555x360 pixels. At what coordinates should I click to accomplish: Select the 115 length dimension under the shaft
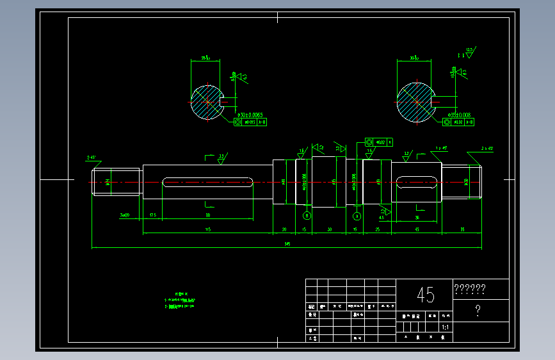(207, 229)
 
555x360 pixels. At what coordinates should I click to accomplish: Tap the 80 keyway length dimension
(207, 215)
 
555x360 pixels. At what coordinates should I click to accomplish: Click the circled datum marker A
(357, 216)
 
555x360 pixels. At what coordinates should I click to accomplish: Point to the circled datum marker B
(306, 216)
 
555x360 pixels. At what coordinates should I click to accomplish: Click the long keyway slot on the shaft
(207, 183)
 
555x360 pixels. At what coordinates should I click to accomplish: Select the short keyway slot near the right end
(417, 183)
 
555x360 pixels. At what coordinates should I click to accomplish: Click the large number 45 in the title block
(425, 295)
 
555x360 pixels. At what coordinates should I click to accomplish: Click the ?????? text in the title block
(469, 288)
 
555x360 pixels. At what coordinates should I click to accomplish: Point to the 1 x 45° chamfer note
(441, 148)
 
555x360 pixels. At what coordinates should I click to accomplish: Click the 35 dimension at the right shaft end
(462, 229)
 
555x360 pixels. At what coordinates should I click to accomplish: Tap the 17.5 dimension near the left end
(152, 215)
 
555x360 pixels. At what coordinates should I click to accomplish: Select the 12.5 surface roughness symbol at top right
(469, 52)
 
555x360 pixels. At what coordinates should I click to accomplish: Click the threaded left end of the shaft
(116, 182)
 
